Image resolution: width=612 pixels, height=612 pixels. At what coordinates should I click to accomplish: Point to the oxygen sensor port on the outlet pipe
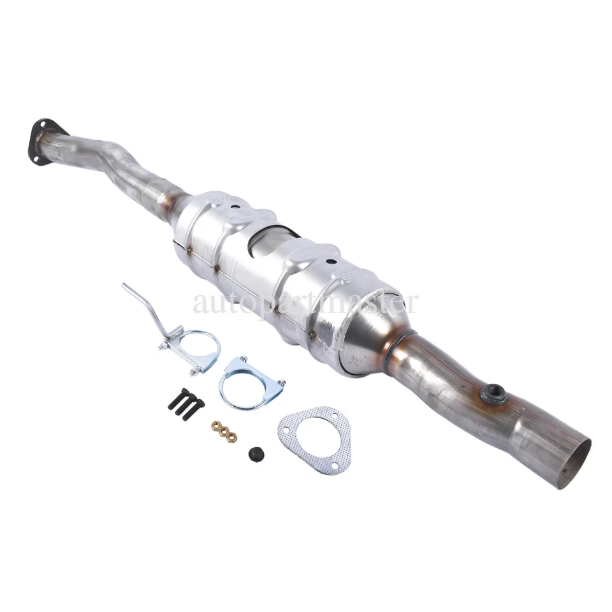[x=493, y=394]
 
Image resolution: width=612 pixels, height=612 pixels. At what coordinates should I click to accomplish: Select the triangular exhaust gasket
[x=315, y=438]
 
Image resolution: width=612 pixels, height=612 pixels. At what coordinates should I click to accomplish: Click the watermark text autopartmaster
[x=306, y=302]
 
